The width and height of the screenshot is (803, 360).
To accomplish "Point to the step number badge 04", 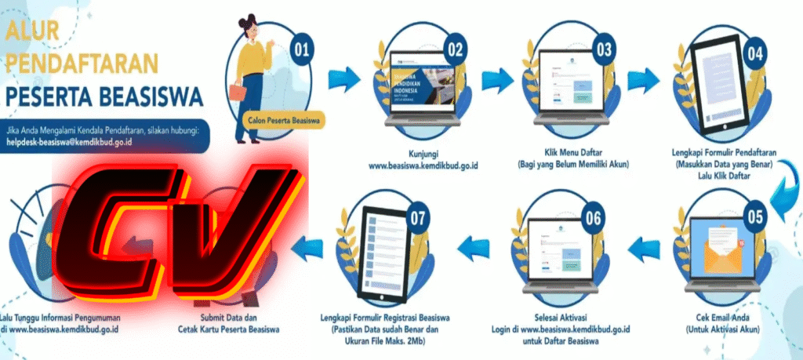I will coord(755,53).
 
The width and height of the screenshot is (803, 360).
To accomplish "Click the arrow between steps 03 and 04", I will coord(645,79).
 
